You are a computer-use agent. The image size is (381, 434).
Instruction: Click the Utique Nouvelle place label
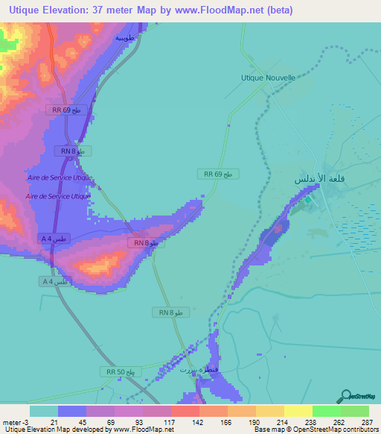pyautogui.click(x=268, y=77)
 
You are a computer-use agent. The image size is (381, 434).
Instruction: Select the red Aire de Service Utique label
pyautogui.click(x=58, y=196)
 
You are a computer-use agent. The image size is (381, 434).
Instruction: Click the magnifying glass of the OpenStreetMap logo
pyautogui.click(x=344, y=396)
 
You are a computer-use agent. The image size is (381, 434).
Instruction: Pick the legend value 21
pyautogui.click(x=54, y=422)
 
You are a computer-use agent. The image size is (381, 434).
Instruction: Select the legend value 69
pyautogui.click(x=111, y=422)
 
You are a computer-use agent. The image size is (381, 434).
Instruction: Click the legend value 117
pyautogui.click(x=168, y=422)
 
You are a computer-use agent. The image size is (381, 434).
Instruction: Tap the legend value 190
pyautogui.click(x=253, y=422)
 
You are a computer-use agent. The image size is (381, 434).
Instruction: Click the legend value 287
pyautogui.click(x=366, y=422)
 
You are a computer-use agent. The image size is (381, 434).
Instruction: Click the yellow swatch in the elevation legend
pyautogui.click(x=298, y=411)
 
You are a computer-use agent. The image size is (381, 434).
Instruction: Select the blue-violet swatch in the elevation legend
pyautogui.click(x=72, y=411)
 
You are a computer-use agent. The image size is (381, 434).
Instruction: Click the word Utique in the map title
pyautogui.click(x=23, y=10)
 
